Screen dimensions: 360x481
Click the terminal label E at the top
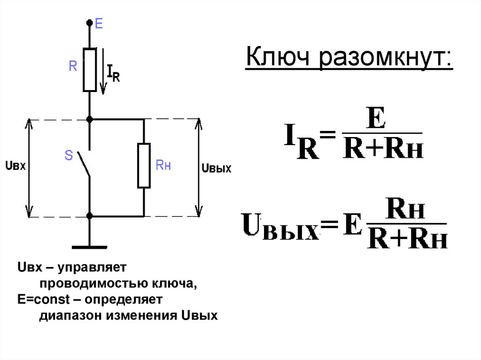tap(99, 23)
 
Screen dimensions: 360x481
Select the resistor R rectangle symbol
tap(89, 69)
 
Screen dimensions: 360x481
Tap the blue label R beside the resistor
tap(73, 67)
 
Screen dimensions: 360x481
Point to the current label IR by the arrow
tap(113, 74)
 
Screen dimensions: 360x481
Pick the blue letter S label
tap(69, 155)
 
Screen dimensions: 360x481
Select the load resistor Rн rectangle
tap(144, 166)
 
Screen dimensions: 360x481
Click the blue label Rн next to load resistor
tap(163, 165)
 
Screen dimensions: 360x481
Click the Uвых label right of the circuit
tap(216, 168)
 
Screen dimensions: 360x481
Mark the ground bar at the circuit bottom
tap(89, 246)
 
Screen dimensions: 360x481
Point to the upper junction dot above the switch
tap(89, 120)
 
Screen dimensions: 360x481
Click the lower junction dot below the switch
tap(89, 216)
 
